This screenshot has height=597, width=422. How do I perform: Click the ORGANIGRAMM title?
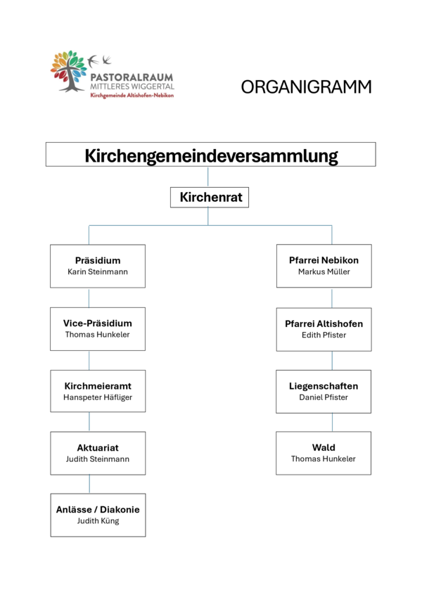coord(306,86)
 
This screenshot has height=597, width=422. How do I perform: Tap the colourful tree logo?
coord(69,71)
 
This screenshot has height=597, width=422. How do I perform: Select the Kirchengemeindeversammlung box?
coord(210,154)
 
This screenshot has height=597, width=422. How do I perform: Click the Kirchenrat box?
coord(210,197)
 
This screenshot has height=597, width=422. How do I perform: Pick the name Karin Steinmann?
coord(98,272)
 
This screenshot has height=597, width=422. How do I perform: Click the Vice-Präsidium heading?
coord(98,323)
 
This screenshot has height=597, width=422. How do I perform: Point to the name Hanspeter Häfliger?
coord(98,397)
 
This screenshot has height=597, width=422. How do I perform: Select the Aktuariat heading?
coord(98,448)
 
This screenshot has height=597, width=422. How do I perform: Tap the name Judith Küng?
coord(98,521)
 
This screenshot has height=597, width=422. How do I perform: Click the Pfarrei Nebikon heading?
coord(324,260)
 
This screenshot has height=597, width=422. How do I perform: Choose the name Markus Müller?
coord(324,272)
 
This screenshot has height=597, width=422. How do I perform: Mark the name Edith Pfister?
coord(324,335)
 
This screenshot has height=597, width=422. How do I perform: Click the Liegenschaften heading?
coord(324,386)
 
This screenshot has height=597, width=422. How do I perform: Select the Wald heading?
coord(324,447)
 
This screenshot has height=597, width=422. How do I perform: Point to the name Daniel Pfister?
coord(324,397)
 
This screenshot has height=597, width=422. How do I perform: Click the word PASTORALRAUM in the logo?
coord(132,77)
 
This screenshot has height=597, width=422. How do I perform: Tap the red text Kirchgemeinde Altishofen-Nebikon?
coord(132,95)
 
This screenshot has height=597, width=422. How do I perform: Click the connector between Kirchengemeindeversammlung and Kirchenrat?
coord(208,176)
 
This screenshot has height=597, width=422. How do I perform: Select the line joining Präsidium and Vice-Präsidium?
coord(89,297)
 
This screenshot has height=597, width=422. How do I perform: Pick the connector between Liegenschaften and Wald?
coord(332,423)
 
